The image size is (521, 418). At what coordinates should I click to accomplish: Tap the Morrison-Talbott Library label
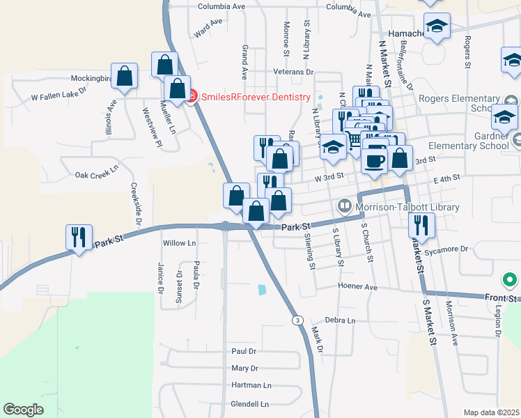point(407,207)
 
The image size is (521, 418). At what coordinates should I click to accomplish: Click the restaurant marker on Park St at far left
point(78,238)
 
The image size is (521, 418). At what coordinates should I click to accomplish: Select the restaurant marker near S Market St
point(421,226)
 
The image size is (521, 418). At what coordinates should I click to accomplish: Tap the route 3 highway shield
point(297,319)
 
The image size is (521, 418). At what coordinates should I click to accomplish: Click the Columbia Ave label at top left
point(221,6)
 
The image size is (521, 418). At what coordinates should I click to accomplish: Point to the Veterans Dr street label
point(293,72)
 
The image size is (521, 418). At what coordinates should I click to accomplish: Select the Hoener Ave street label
point(357,286)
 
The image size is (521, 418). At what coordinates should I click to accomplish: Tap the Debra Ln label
point(340,320)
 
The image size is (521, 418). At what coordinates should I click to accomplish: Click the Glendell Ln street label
point(249,404)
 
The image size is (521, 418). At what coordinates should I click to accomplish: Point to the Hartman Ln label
point(251,385)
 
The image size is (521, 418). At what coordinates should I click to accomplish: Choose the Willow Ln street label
point(179,243)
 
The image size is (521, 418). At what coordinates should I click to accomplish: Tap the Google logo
point(23,410)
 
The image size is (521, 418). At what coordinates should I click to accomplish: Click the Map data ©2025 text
point(491,412)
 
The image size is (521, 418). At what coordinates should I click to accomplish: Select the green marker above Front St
point(510,281)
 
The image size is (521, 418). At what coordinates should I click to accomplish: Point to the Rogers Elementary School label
point(463,103)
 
